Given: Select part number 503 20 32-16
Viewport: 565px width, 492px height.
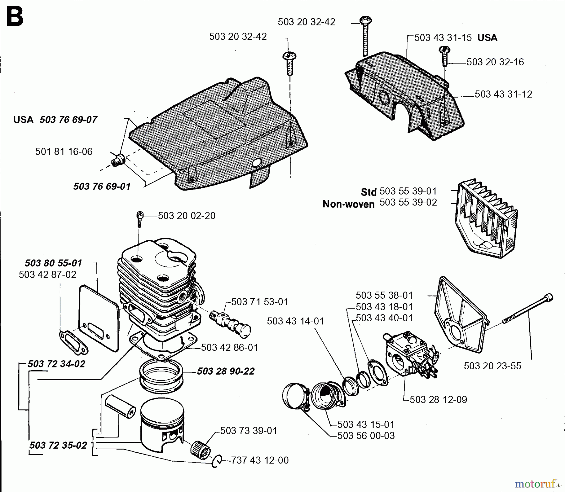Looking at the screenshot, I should click(495, 62).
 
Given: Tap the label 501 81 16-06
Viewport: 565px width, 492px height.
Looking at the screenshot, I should click(64, 152).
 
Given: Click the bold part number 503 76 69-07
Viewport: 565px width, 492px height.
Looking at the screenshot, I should click(68, 120).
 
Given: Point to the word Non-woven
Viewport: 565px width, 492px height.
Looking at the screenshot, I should click(348, 204).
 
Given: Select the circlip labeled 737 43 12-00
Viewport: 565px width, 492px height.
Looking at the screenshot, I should click(216, 461).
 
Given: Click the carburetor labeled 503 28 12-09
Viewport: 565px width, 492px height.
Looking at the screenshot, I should click(408, 355).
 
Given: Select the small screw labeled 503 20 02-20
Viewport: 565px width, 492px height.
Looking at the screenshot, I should click(140, 219).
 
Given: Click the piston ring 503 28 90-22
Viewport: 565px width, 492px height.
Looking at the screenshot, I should click(161, 377).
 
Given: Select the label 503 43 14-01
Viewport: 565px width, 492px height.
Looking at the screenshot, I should click(295, 321).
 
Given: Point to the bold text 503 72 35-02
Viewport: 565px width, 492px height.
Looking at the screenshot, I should click(58, 445).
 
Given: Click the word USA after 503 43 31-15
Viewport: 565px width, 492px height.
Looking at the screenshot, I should click(487, 38).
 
